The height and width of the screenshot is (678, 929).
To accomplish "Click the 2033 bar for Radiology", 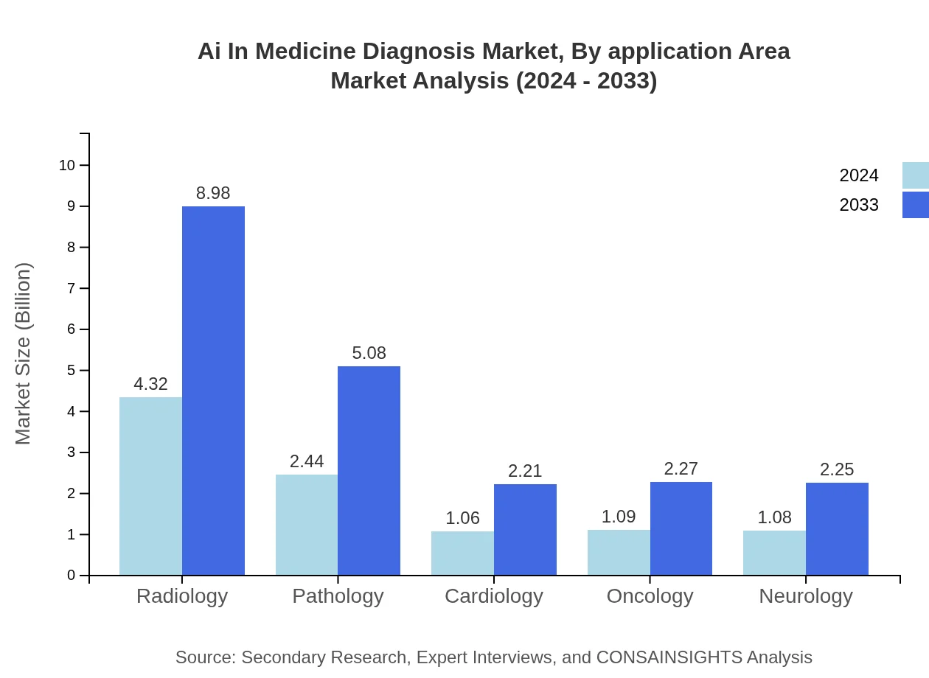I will (x=213, y=391).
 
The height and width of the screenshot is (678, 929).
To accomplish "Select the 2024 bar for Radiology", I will (x=150, y=486).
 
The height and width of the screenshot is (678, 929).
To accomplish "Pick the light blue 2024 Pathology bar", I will (x=307, y=525).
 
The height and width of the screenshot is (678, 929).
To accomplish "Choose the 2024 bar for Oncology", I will (x=619, y=552).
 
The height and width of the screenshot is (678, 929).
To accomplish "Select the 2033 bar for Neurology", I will (x=837, y=528).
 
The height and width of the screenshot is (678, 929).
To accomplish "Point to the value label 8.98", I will (x=213, y=193).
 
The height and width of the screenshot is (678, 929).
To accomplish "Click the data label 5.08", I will (x=369, y=353).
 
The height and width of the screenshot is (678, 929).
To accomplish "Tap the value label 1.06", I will (x=463, y=518).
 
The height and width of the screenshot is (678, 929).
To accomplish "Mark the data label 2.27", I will (x=681, y=469).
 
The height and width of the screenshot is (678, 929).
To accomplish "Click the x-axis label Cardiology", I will (x=494, y=595).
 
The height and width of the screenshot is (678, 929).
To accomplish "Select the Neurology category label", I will (x=806, y=595).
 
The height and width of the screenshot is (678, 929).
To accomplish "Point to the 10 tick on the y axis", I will (x=67, y=165).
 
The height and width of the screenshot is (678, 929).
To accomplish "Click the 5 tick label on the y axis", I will (x=72, y=370).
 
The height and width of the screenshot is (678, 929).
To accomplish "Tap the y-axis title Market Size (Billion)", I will (x=24, y=354).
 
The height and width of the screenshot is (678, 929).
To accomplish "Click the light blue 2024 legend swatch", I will (x=915, y=175).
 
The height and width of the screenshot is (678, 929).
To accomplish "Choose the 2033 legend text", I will (x=859, y=205).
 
